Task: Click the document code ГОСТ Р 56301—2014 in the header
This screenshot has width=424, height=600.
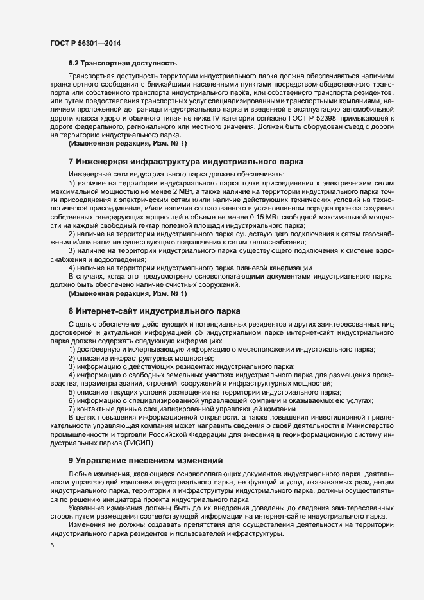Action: [x=85, y=42]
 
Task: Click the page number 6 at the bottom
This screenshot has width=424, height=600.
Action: [x=51, y=545]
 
